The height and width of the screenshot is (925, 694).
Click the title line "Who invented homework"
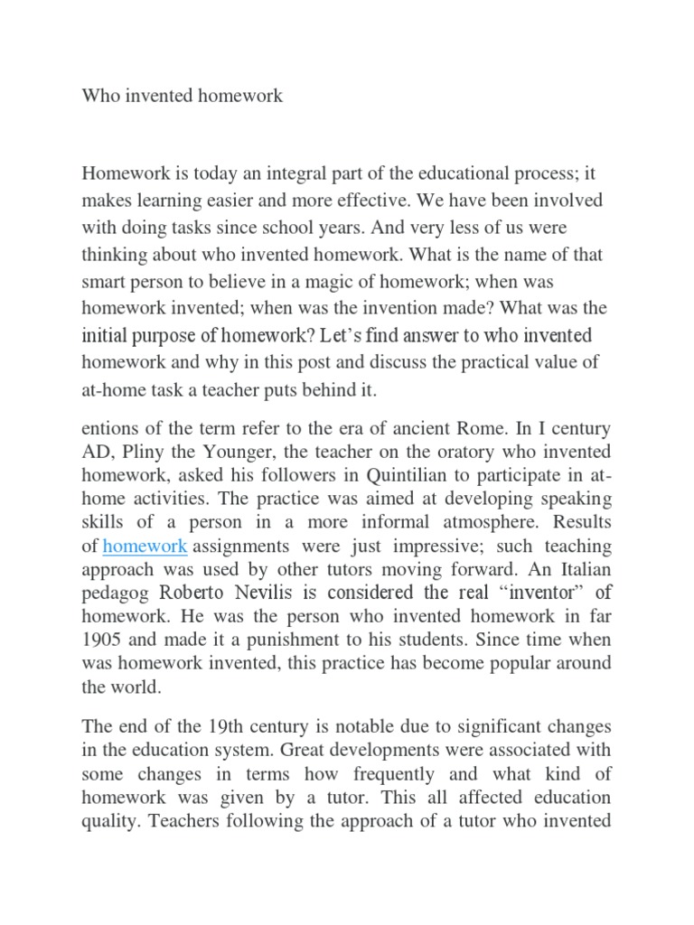(x=183, y=96)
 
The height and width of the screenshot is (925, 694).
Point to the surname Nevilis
(x=266, y=593)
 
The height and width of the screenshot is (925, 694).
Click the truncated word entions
(x=110, y=428)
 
